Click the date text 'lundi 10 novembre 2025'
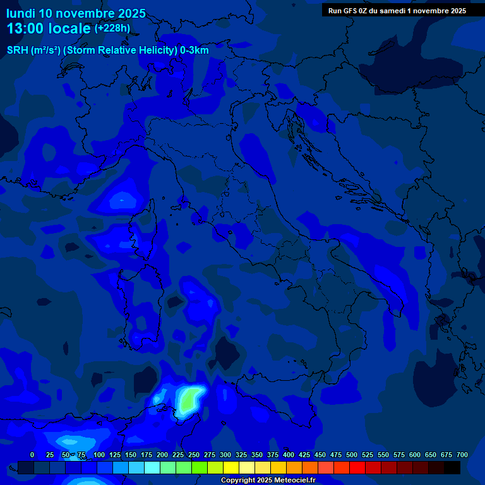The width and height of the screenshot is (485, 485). [x=76, y=13]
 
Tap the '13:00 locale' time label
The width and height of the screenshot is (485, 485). [x=48, y=28]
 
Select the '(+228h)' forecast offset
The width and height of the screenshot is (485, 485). [x=112, y=28]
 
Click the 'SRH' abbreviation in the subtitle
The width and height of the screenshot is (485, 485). [x=17, y=51]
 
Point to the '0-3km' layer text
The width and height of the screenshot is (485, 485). [x=193, y=51]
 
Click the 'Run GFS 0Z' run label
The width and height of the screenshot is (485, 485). [x=350, y=11]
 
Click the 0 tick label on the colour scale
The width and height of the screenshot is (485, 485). [x=32, y=455]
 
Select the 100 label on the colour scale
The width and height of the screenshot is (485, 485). [x=99, y=455]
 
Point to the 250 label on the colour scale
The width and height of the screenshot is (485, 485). [x=194, y=455]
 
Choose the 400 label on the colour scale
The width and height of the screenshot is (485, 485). [x=289, y=455]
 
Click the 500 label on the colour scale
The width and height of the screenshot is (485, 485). [x=352, y=455]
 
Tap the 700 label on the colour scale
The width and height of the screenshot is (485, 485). [x=462, y=455]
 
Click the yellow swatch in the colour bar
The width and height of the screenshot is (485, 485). [x=231, y=468]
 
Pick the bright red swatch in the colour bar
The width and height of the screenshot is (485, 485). [x=357, y=468]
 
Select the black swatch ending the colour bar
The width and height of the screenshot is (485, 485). [x=452, y=468]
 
